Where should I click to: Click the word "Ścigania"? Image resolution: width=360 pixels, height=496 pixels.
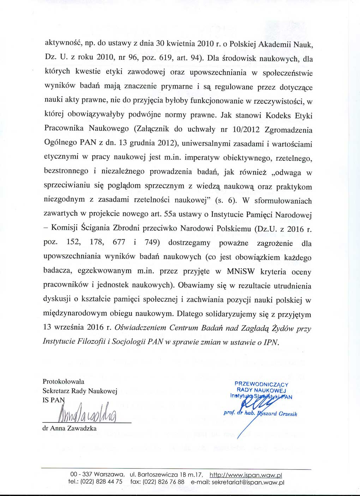pyautogui.click(x=96, y=228)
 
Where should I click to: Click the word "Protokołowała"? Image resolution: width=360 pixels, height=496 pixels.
pyautogui.click(x=63, y=382)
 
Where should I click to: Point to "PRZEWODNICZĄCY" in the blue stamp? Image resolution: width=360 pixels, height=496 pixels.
pyautogui.click(x=262, y=384)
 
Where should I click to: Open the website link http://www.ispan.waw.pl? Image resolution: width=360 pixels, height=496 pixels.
pyautogui.click(x=246, y=475)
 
